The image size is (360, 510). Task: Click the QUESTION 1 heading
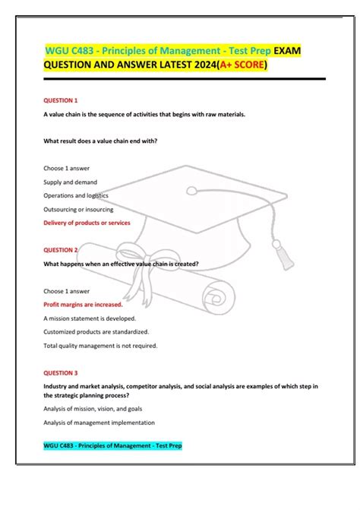(60, 100)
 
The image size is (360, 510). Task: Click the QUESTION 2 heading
(60, 249)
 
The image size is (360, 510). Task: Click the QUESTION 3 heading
(60, 373)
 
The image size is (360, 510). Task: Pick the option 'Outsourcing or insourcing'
(78, 209)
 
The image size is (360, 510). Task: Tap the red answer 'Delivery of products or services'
(87, 223)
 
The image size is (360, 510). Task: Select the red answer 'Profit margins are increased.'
(83, 304)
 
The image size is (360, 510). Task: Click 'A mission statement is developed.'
(90, 318)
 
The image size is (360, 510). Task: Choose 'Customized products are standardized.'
(96, 331)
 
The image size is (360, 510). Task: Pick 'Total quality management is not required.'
(100, 345)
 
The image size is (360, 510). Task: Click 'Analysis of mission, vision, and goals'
(93, 409)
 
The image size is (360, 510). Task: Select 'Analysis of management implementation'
(99, 423)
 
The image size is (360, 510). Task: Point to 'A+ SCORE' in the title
(242, 66)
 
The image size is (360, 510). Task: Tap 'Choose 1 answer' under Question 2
(66, 290)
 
